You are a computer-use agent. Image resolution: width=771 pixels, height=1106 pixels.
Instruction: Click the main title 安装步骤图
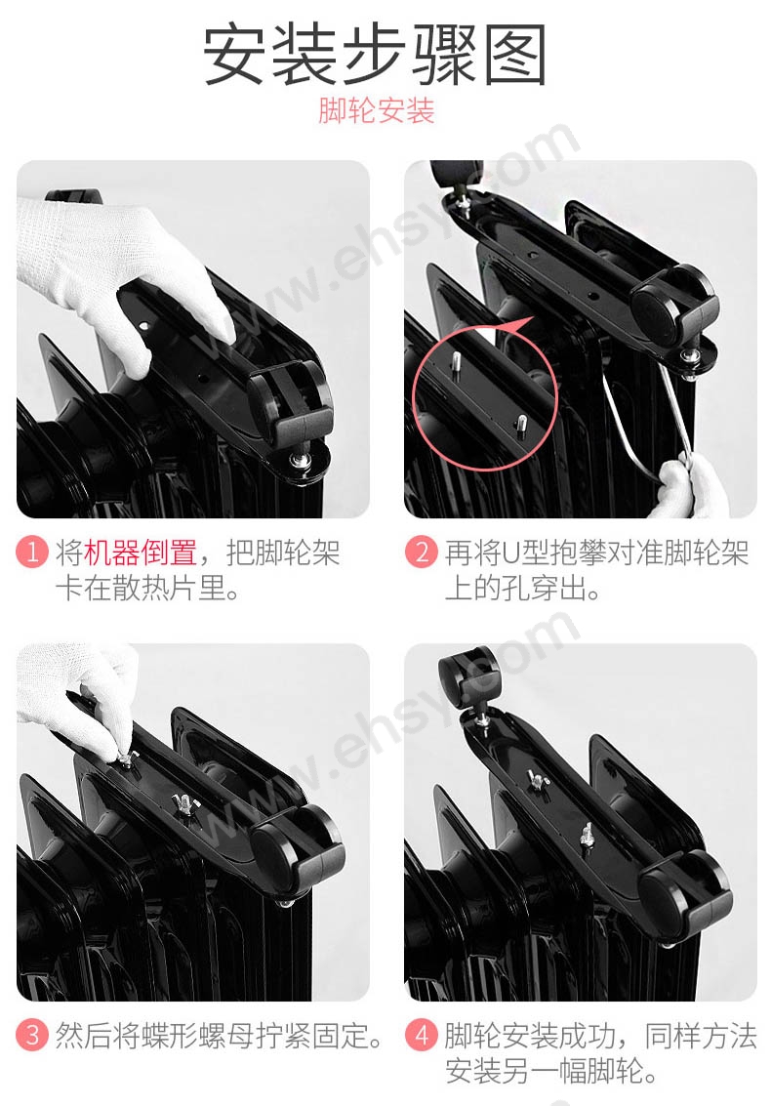(x=376, y=55)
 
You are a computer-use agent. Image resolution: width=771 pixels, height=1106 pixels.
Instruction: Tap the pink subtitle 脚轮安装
(x=376, y=110)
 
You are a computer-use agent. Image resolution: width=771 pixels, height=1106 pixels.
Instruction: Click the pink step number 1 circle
(x=32, y=552)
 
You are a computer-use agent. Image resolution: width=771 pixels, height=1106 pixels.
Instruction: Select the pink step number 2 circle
(x=422, y=552)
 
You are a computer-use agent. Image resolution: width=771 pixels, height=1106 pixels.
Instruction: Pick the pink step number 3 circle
(x=32, y=1035)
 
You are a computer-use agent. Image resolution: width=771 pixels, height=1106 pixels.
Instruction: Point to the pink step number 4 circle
(x=422, y=1035)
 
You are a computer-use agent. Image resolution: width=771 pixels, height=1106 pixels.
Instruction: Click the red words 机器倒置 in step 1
(x=141, y=553)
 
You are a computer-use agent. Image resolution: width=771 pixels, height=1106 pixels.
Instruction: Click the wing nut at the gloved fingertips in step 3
(x=127, y=758)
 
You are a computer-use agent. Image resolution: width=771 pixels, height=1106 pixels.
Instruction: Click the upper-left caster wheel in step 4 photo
(x=467, y=676)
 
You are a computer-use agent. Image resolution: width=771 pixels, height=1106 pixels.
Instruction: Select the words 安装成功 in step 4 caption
(x=557, y=1036)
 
